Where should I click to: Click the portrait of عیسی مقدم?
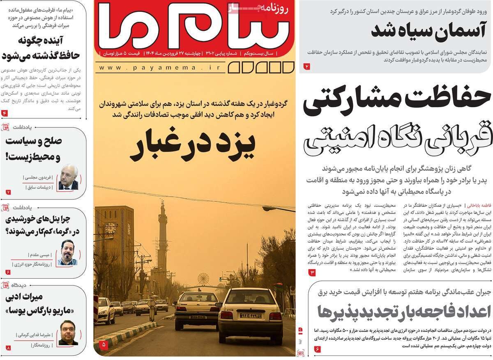point(67,252)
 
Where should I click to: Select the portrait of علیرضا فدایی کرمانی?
point(68,332)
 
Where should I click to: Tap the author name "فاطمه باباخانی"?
point(478,205)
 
